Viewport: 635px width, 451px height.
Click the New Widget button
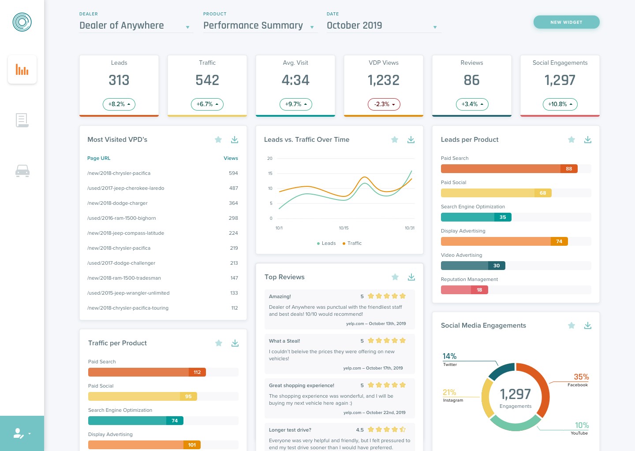tap(566, 22)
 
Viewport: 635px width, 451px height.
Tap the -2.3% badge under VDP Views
tap(384, 104)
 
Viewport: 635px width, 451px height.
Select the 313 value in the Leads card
tap(119, 80)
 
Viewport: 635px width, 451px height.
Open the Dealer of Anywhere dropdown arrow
tap(187, 27)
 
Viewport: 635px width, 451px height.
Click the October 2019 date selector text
tap(355, 26)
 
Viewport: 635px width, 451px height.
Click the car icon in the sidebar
tap(22, 171)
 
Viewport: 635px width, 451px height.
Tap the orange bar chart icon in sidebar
tap(22, 70)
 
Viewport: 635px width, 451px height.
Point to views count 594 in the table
tap(233, 173)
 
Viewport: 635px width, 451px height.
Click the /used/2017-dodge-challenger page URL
tap(121, 263)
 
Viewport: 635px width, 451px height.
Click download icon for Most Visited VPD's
tap(235, 140)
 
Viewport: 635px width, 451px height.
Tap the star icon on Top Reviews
tap(395, 277)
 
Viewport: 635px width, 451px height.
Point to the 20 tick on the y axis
tap(270, 158)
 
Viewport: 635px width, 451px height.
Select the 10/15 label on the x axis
tap(344, 228)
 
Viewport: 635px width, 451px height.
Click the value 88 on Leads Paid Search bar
tap(569, 169)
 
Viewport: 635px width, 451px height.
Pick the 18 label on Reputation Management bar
tap(479, 290)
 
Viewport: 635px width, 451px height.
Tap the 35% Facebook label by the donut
tap(581, 377)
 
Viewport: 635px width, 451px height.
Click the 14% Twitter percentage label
tap(449, 356)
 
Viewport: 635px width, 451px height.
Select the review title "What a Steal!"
tap(284, 341)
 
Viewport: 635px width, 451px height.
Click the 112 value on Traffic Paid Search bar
tap(197, 372)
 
